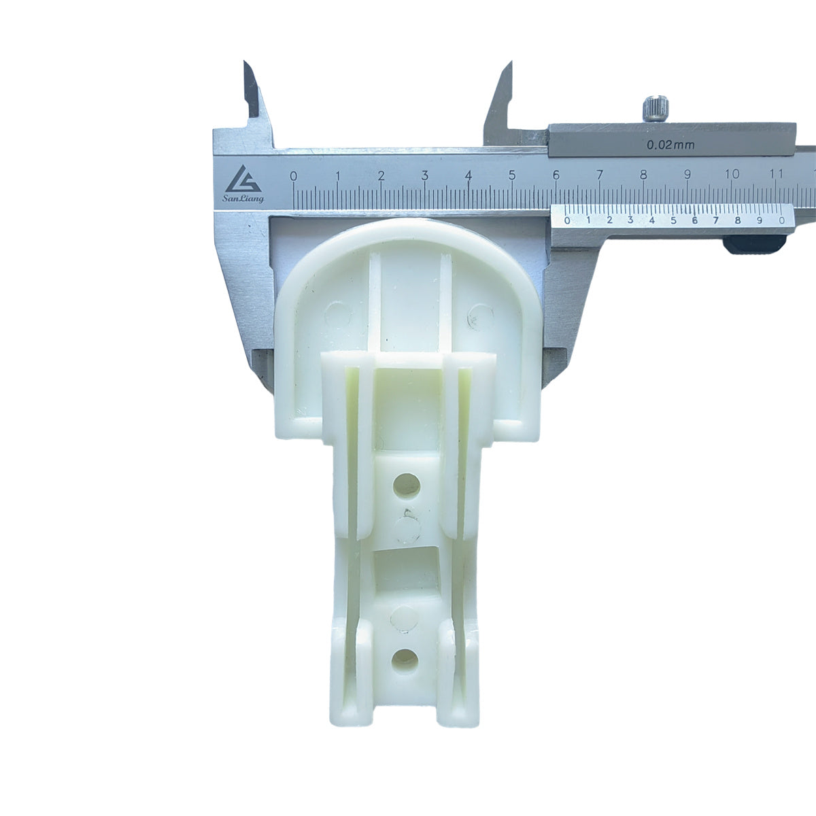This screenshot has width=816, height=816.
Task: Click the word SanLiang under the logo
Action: (x=243, y=199)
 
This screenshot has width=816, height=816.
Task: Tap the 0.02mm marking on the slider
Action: (x=670, y=146)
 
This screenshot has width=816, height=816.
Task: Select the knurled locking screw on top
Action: (x=656, y=109)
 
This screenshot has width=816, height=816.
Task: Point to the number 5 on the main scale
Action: (x=512, y=175)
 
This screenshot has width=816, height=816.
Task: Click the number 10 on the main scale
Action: (x=732, y=173)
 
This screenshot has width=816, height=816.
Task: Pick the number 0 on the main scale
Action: (x=294, y=175)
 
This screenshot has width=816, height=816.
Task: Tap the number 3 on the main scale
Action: (x=425, y=175)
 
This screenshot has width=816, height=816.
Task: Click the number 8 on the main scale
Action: (x=644, y=174)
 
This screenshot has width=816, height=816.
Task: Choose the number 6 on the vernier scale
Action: (x=695, y=220)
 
